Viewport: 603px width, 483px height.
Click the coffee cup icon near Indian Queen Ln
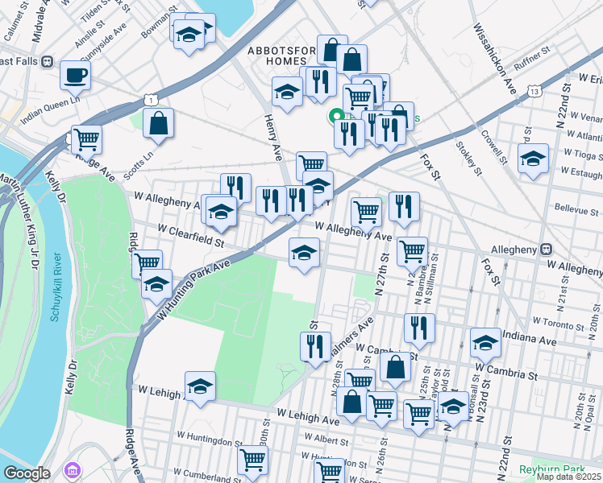[x=75, y=76]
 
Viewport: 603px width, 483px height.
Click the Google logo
[x=27, y=473]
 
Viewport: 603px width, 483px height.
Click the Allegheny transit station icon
[x=546, y=250]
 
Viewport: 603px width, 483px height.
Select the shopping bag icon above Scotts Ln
[x=159, y=124]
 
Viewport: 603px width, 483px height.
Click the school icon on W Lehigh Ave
[x=200, y=386]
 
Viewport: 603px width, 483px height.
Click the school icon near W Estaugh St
[x=533, y=159]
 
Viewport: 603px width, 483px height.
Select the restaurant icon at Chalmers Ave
[x=315, y=345]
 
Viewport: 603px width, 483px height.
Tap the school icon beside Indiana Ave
[x=485, y=344]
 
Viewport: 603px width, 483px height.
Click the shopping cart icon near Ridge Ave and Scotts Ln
[x=86, y=138]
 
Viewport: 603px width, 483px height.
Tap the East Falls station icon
[x=48, y=61]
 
